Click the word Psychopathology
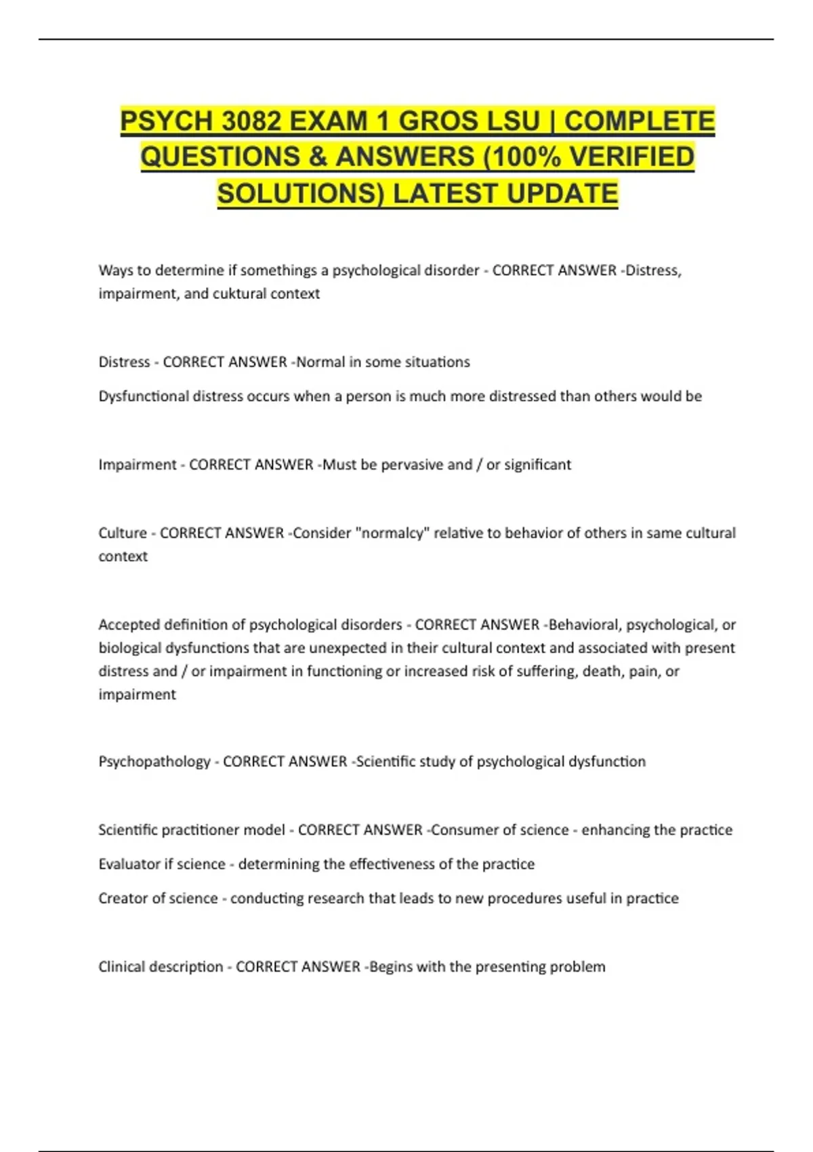pos(154,762)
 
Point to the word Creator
pos(122,899)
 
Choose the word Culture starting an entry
pos(123,533)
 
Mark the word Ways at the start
pos(115,270)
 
